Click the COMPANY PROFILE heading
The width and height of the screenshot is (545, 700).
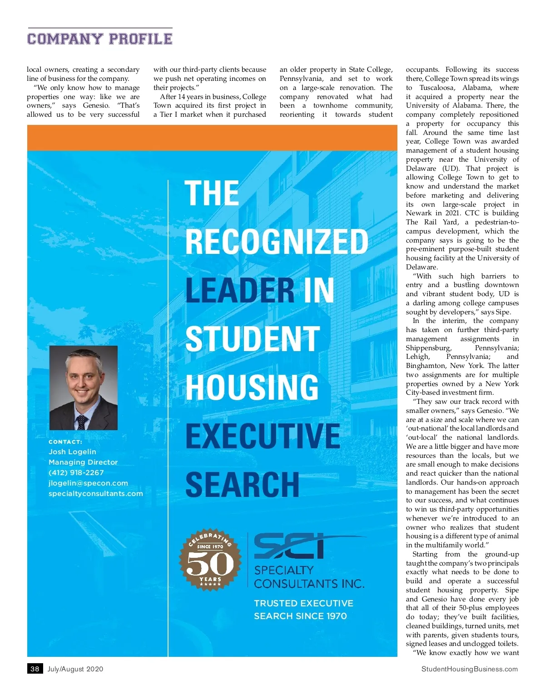pos(100,39)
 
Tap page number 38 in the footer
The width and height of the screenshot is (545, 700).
pos(35,669)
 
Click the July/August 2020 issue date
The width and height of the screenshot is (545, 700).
pos(75,669)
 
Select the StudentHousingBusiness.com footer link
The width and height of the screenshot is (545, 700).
pos(469,669)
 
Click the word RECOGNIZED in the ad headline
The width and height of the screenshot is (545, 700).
pos(277,242)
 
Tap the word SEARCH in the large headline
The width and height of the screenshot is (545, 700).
pos(243,485)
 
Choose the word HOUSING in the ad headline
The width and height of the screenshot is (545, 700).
pos(252,387)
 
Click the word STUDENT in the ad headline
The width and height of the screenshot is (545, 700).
pos(253,339)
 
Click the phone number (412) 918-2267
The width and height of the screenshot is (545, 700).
pos(76,472)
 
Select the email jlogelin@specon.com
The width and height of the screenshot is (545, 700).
pos(88,483)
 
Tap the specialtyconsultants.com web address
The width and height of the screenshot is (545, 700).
pos(96,493)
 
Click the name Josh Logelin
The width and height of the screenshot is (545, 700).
pos(72,452)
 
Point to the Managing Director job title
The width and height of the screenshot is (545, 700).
pos(83,462)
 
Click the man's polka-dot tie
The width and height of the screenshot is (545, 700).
pos(82,422)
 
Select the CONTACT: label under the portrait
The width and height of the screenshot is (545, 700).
pos(65,442)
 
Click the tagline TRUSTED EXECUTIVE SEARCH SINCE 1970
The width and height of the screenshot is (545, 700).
pos(303,610)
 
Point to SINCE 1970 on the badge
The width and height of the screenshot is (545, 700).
pos(210,546)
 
